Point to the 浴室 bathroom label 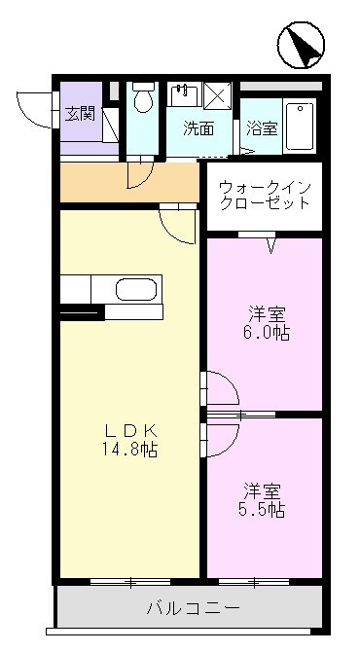260,127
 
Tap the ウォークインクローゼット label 265,195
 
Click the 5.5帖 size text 264,510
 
